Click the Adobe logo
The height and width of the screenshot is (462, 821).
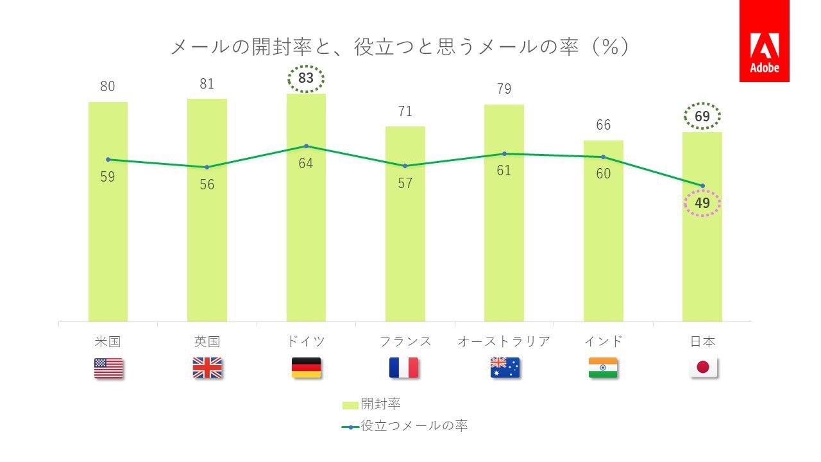click(764, 41)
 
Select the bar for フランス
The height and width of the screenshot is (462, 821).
click(405, 244)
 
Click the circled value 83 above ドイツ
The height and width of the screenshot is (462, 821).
click(306, 79)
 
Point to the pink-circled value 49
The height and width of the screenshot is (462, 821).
click(702, 203)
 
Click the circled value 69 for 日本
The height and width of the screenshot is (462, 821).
click(702, 116)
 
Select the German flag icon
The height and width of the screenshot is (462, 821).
click(306, 368)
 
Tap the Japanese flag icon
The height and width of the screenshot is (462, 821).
click(703, 368)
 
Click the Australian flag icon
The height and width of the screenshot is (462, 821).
click(505, 368)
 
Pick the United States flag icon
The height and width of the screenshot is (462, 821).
click(108, 368)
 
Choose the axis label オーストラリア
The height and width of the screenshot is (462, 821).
click(504, 341)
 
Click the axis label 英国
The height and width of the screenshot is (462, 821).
click(207, 341)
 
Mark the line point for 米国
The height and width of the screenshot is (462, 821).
click(108, 159)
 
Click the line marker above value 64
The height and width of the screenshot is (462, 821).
click(306, 146)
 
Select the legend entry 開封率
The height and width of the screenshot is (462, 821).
click(372, 404)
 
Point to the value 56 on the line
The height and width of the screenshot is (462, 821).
click(207, 185)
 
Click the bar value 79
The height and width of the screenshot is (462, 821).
click(504, 89)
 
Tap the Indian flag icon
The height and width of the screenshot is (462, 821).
click(603, 368)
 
